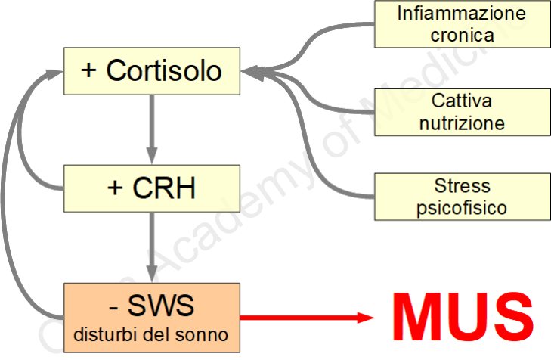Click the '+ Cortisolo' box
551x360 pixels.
click(151, 70)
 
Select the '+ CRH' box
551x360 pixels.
click(151, 188)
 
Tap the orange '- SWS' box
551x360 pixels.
click(151, 316)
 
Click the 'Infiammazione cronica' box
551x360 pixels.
click(462, 23)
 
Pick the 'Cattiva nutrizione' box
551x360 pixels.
click(462, 112)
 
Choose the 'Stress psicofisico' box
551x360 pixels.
click(462, 196)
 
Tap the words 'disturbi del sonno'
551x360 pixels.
click(151, 333)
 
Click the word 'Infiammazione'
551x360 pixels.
click(462, 14)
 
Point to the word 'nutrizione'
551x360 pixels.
click(462, 123)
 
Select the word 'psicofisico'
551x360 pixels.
click(462, 206)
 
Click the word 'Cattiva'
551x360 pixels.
click(462, 101)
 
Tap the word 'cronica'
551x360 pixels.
click(462, 35)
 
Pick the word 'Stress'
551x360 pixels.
click(462, 186)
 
